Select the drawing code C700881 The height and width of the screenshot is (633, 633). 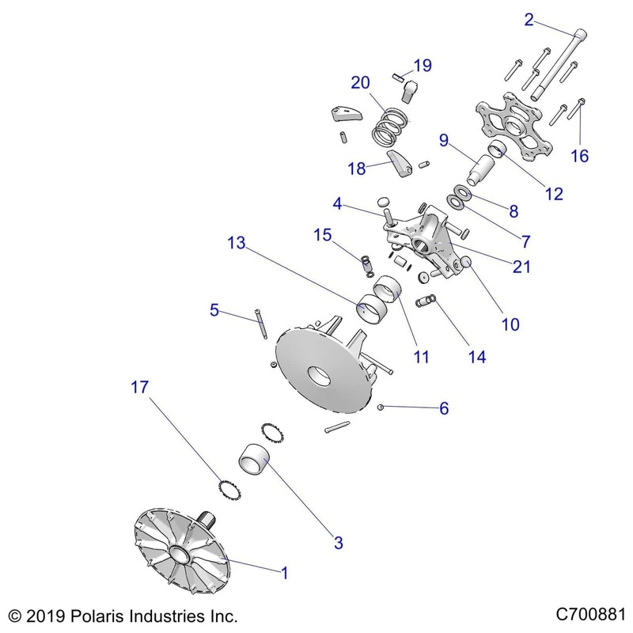tap(590, 615)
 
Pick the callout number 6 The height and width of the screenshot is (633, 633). tap(443, 408)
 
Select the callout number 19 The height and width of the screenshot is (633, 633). tap(423, 66)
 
